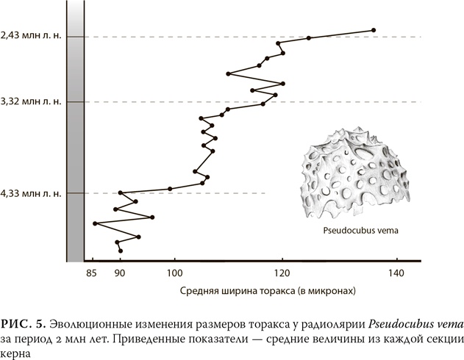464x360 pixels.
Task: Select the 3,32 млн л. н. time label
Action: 31,101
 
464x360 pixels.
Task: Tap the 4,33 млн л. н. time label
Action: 31,193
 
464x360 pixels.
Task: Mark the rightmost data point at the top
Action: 374,30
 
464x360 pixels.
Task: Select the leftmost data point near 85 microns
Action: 95,223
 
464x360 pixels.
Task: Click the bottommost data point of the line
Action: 120,251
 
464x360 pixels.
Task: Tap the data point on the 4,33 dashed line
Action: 120,193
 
